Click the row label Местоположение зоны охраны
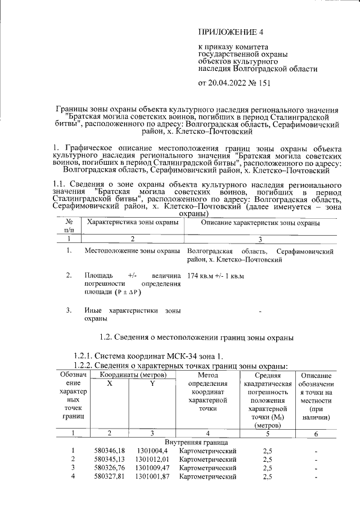pyautogui.click(x=132, y=250)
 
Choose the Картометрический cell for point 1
pyautogui.click(x=208, y=451)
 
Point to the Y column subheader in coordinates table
pyautogui.click(x=151, y=384)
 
